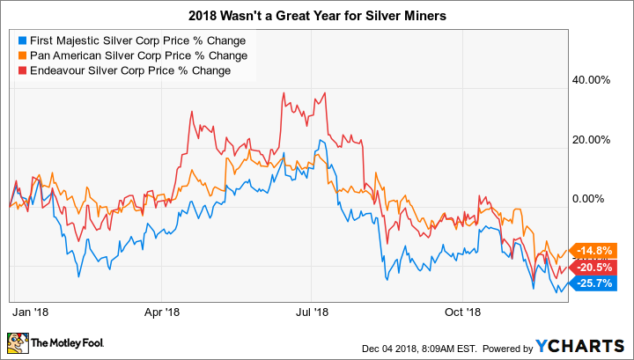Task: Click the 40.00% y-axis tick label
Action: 592,80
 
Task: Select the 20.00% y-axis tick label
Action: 592,140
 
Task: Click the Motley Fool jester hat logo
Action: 18,342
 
